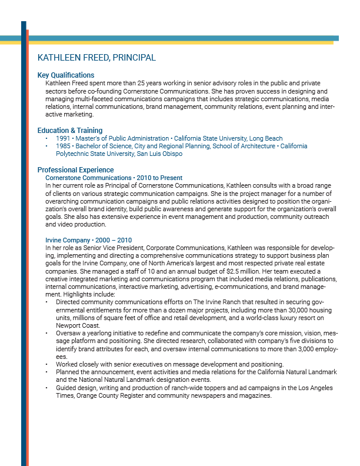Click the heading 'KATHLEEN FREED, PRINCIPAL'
tap(96, 58)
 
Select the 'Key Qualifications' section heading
tap(66, 75)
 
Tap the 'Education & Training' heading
tap(70, 130)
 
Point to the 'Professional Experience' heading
tap(75, 170)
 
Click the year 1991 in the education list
tap(63, 139)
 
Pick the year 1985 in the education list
tap(63, 146)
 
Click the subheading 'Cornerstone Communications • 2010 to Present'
tap(114, 178)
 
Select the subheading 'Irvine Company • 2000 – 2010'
tap(89, 240)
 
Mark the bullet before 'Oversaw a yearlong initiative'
tap(47, 334)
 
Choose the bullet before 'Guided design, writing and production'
tap(47, 388)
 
